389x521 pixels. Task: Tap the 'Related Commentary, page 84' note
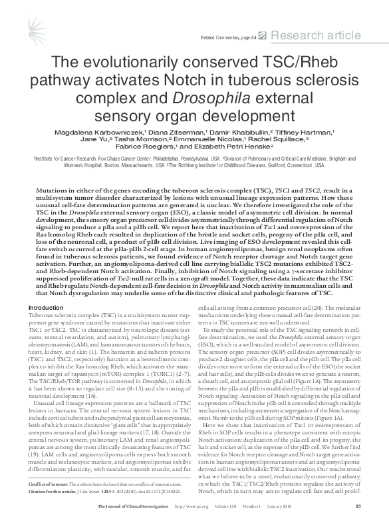point(228,37)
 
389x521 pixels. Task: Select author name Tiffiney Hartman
point(312,131)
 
